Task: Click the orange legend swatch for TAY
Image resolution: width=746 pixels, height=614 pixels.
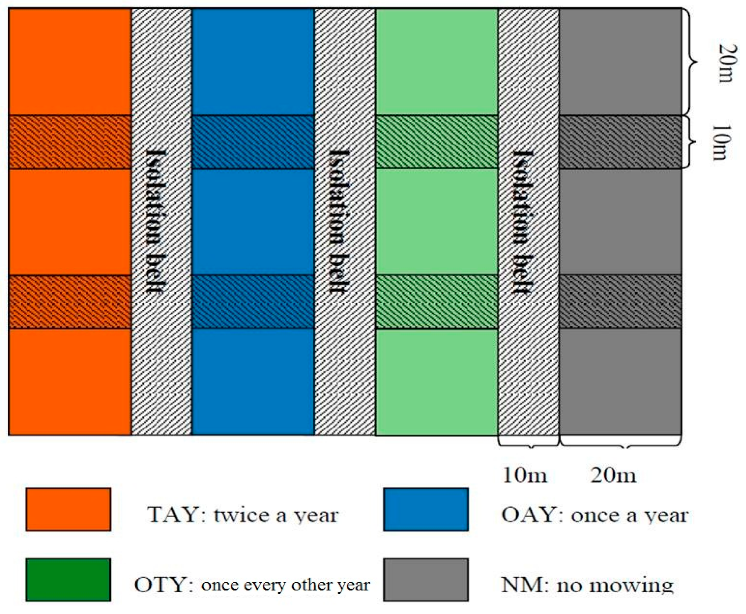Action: click(68, 509)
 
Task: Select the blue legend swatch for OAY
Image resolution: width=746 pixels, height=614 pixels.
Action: click(426, 509)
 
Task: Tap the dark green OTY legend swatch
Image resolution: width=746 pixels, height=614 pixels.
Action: click(68, 580)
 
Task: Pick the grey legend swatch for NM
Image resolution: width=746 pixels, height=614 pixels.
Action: click(426, 580)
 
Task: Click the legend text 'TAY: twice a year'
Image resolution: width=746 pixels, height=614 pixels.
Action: click(243, 514)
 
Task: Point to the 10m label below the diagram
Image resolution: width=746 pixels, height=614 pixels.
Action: click(525, 475)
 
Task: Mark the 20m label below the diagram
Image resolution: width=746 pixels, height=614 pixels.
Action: click(613, 475)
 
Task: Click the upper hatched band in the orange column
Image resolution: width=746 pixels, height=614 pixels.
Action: click(69, 142)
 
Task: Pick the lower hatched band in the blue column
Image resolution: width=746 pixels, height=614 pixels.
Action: click(253, 301)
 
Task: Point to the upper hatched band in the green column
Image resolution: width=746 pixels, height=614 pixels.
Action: click(437, 142)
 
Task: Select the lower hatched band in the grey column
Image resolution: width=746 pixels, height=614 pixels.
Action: click(620, 301)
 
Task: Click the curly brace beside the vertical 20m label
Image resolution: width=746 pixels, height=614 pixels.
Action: click(691, 62)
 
